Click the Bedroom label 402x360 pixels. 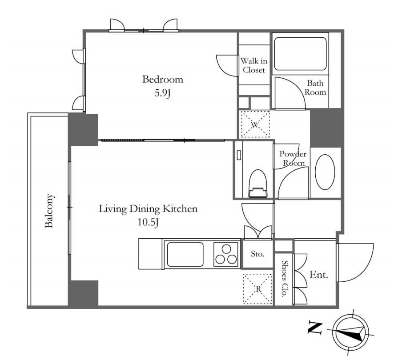[163, 79]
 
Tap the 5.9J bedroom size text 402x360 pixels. [163, 93]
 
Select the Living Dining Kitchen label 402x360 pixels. [148, 209]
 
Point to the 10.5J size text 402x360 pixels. [148, 222]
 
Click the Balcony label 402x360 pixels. [49, 211]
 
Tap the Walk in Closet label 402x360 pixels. [254, 65]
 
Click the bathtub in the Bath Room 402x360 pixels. [300, 54]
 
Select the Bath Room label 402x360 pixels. [315, 88]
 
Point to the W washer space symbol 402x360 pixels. [254, 125]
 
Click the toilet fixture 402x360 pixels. [257, 184]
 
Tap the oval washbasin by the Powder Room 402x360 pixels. [325, 172]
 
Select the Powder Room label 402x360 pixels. [293, 158]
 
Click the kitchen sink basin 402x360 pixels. [185, 254]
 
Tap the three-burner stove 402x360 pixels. [225, 254]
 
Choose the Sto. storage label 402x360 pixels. [257, 254]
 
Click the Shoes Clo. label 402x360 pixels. [284, 279]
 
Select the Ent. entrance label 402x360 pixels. [319, 275]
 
